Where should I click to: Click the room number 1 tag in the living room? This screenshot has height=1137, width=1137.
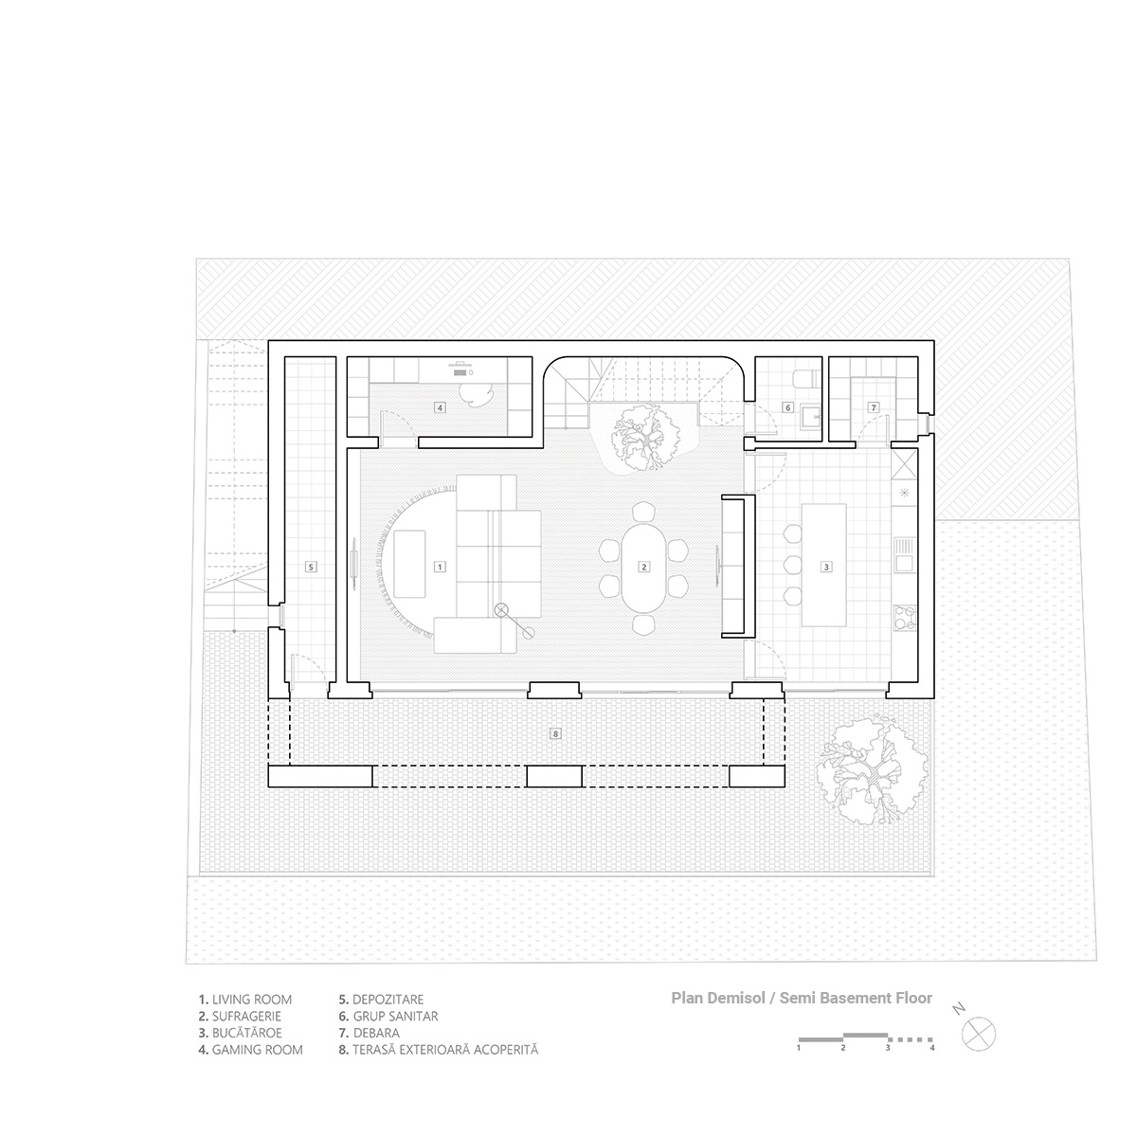439,567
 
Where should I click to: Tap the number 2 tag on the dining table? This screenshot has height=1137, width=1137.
644,567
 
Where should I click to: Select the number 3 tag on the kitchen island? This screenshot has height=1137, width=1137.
826,567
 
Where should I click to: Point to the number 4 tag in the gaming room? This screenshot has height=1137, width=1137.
440,407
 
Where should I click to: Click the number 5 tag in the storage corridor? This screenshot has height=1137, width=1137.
310,567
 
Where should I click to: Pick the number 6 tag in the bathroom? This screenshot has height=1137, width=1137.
786,407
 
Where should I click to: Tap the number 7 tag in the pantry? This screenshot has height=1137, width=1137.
874,407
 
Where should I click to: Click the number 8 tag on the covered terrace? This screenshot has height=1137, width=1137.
555,733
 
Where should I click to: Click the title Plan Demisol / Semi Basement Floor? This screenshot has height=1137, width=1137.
802,998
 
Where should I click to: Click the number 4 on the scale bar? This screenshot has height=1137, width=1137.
932,1049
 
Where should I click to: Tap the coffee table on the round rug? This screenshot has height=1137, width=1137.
409,552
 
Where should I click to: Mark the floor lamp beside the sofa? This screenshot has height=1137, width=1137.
502,610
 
